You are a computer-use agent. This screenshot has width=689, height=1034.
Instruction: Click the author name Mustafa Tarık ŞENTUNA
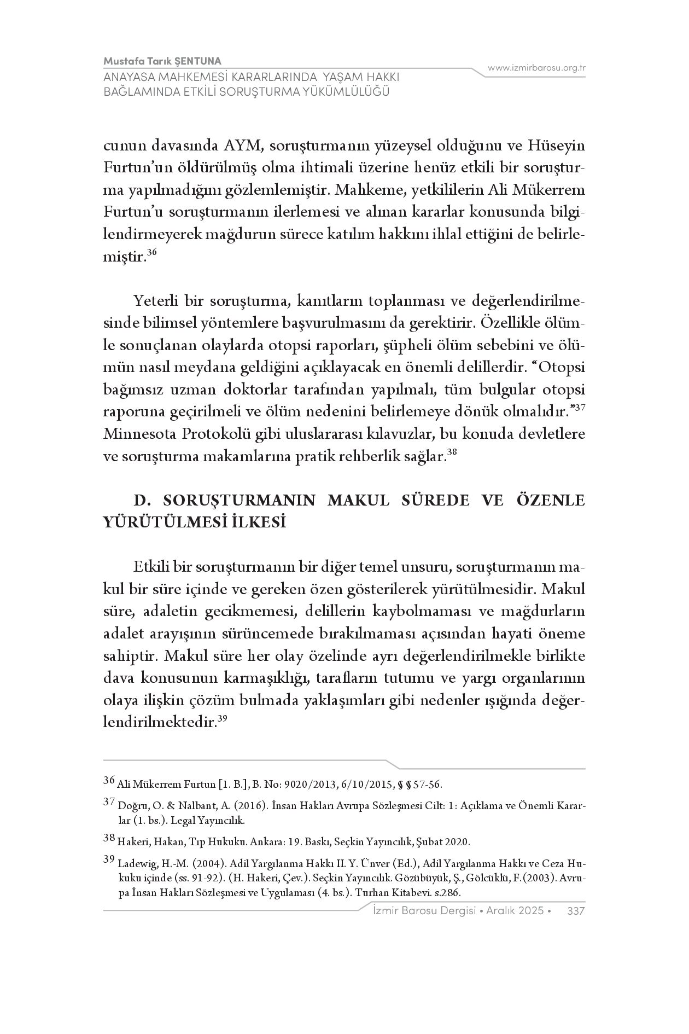pyautogui.click(x=162, y=61)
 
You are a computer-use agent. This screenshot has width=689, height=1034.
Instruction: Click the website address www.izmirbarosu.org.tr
pyautogui.click(x=536, y=68)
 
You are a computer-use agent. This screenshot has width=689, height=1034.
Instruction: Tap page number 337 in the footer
pyautogui.click(x=576, y=911)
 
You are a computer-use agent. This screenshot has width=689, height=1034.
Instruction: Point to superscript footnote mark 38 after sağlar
pyautogui.click(x=452, y=452)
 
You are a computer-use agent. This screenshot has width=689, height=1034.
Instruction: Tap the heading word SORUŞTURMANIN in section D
pyautogui.click(x=240, y=500)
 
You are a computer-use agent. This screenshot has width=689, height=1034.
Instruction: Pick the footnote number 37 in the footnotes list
pyautogui.click(x=109, y=802)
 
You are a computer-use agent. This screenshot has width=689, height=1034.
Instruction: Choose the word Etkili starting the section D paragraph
pyautogui.click(x=150, y=566)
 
